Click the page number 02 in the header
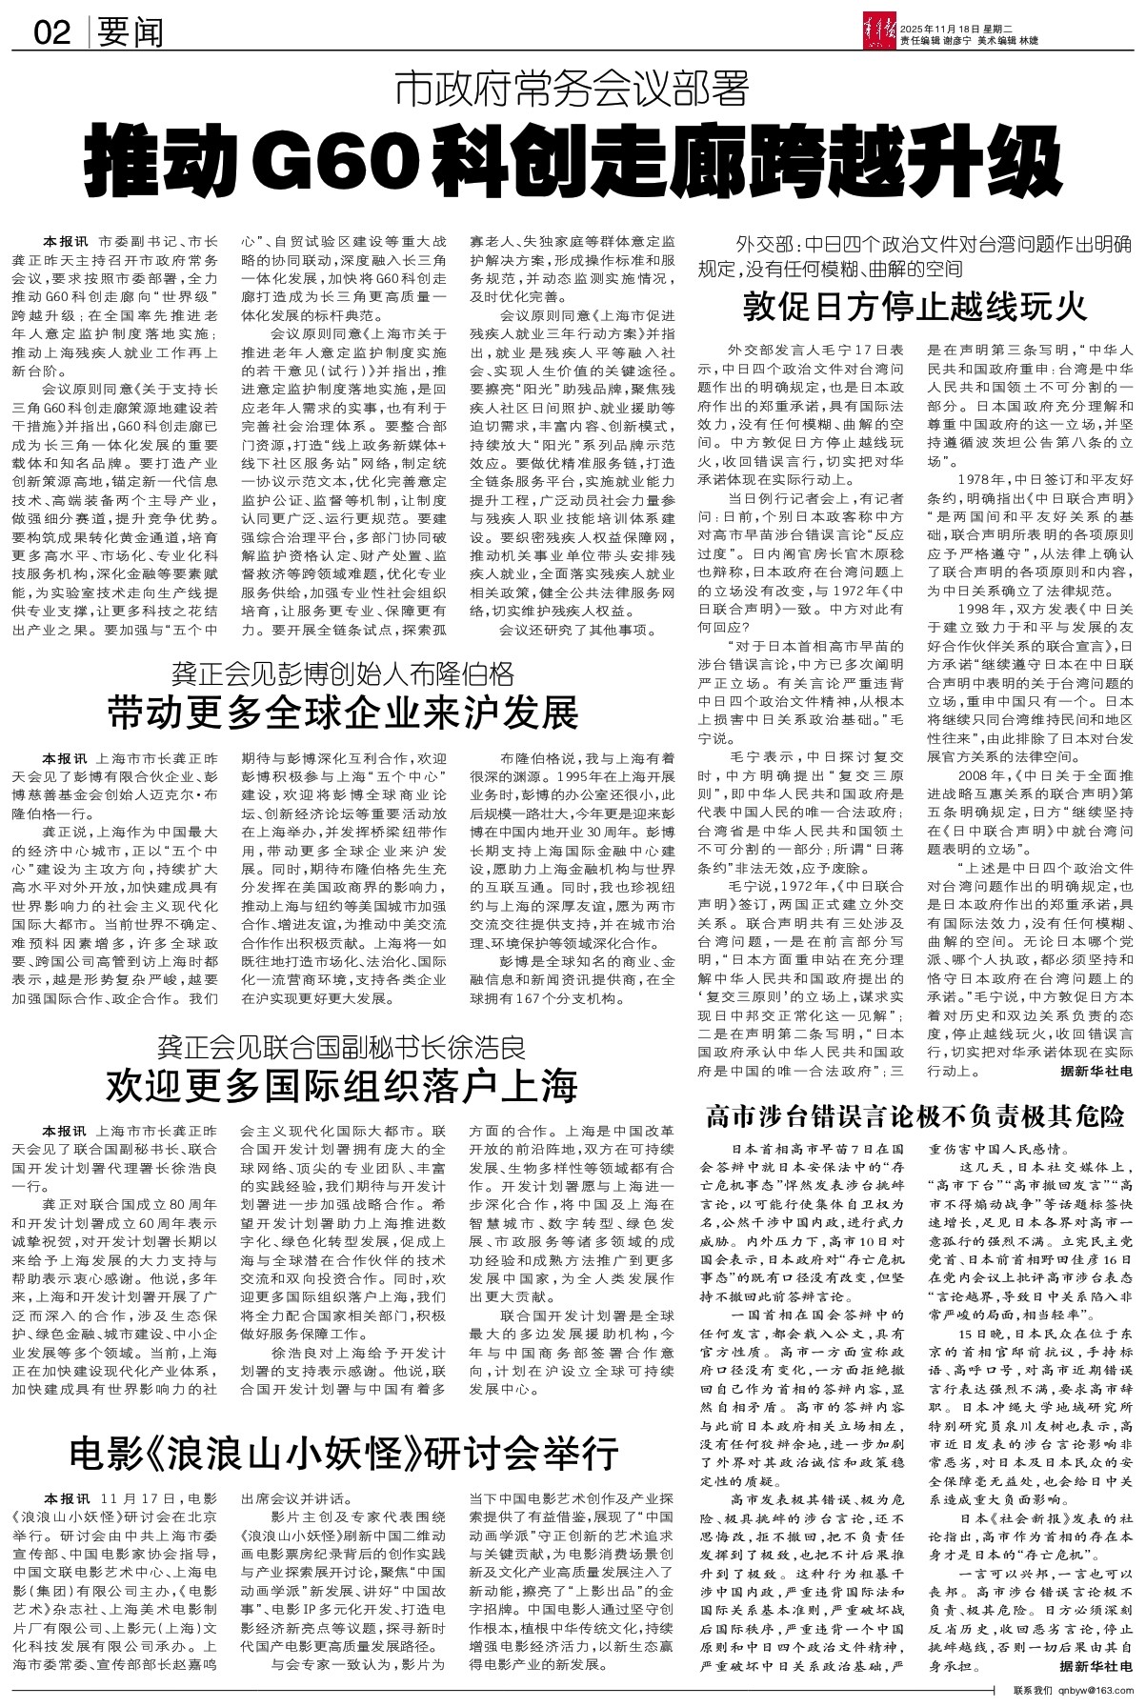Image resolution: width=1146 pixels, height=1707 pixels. tap(51, 34)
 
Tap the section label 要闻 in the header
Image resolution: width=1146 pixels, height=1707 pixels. tap(130, 34)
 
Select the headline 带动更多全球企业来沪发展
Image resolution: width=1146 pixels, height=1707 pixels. tap(343, 712)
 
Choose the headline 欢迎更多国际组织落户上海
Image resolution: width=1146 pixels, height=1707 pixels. tap(343, 1085)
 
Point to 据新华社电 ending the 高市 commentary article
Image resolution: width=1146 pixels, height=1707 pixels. tap(1096, 1667)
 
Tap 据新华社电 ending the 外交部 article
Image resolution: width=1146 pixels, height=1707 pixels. tap(1096, 1072)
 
